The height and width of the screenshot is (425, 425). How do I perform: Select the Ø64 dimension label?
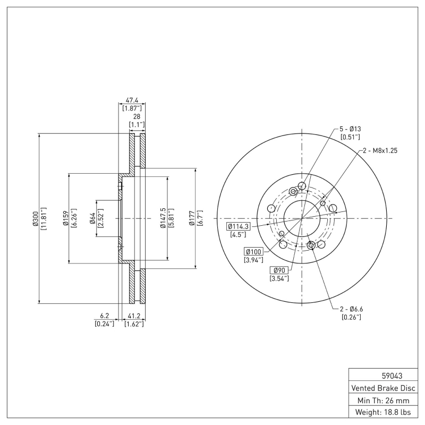coord(92,218)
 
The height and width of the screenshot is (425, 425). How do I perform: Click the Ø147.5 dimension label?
coord(163,218)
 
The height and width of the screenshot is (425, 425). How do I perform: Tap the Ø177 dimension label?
coord(192,218)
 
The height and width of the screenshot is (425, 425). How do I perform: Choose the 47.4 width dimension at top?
coord(132,99)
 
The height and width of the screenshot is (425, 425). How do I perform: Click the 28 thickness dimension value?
coord(137,116)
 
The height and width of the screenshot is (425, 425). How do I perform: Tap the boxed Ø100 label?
coord(253,251)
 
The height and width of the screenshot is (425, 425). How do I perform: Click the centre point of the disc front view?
coord(302,218)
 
